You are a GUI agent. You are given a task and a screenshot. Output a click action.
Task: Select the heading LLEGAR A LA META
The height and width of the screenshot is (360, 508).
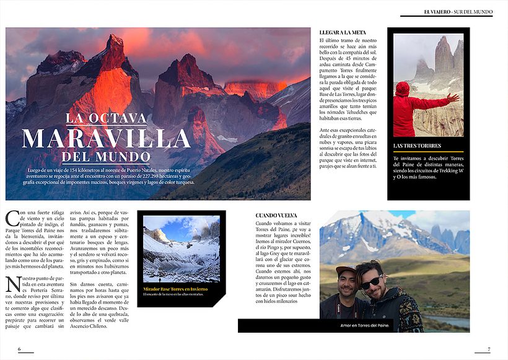(342, 32)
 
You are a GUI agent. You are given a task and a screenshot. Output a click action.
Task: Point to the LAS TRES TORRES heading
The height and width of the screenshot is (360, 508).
(417, 146)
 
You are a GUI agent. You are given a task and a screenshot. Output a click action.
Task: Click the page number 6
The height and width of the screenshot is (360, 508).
(19, 349)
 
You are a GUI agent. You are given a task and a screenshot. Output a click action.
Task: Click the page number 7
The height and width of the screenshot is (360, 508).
(488, 349)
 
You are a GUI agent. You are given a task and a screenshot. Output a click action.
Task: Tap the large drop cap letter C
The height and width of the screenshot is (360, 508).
(12, 219)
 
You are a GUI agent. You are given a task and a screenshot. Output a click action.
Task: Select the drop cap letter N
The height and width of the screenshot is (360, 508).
(12, 284)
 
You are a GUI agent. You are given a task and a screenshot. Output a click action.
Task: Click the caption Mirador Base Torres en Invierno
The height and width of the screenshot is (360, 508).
(175, 289)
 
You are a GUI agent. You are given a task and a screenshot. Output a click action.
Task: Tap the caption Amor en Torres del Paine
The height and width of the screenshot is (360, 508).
(364, 326)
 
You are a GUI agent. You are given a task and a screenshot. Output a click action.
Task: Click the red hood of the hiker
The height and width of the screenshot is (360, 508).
(403, 89)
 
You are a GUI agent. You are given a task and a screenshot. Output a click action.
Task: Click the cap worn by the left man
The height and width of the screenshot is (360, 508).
(344, 271)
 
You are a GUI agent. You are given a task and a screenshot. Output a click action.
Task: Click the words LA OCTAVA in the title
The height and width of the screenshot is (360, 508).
(107, 118)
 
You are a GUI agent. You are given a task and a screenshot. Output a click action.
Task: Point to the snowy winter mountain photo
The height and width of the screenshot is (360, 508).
(181, 250)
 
